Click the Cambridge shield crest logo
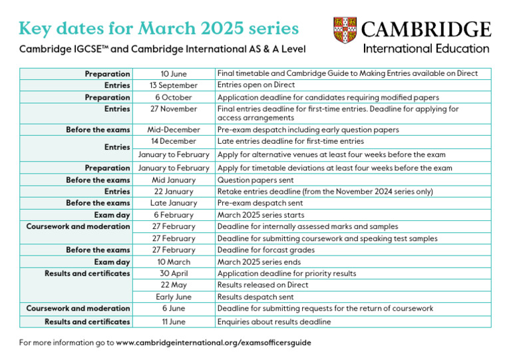(x=345, y=31)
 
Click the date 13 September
(x=174, y=85)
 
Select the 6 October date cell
(x=174, y=97)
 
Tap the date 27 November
(x=174, y=108)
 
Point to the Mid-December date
(x=174, y=130)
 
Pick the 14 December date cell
(x=174, y=141)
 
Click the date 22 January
(x=174, y=192)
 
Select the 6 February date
(x=174, y=215)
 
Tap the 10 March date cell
(x=174, y=262)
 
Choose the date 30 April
(x=174, y=273)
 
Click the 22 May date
(x=174, y=285)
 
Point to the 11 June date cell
(x=174, y=322)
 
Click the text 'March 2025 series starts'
(x=261, y=215)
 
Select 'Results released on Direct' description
(x=263, y=285)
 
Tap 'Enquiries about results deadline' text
(x=274, y=322)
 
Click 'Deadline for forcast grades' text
(x=267, y=250)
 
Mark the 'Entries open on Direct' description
(x=256, y=85)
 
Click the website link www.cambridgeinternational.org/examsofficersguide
(x=214, y=343)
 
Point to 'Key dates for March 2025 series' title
(x=158, y=29)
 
